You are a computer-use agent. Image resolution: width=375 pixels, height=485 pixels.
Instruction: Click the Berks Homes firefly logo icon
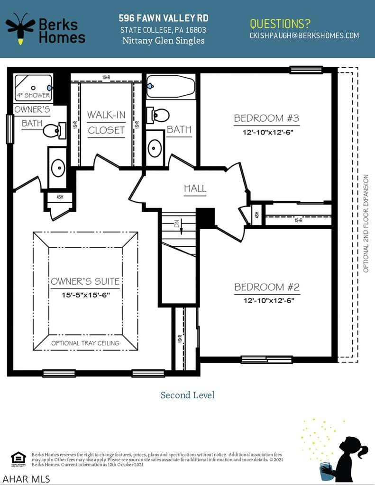[20, 28]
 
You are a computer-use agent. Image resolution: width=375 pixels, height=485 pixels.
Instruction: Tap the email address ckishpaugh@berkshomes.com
[304, 36]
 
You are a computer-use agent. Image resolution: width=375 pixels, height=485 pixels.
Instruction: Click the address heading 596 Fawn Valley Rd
[163, 18]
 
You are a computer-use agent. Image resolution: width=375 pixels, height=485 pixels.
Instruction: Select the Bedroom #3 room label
[266, 118]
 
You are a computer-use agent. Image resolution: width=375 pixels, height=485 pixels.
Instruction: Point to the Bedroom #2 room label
[266, 287]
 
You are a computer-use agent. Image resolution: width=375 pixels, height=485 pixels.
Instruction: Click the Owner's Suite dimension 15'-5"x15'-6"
[85, 295]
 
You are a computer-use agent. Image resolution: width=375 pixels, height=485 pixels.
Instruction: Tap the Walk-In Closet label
[106, 122]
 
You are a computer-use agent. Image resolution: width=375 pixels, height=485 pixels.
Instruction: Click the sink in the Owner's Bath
[58, 167]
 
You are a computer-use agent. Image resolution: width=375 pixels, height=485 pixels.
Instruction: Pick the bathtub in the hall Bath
[171, 86]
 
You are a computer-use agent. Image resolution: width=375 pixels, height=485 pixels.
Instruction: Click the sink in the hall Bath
[155, 148]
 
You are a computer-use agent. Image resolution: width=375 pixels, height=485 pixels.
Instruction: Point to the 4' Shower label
[33, 95]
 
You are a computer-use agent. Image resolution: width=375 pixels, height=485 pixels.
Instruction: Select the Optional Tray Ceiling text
[85, 343]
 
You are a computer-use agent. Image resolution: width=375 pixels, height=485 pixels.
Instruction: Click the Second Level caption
[187, 395]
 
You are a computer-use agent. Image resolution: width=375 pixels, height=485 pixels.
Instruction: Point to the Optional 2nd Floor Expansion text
[366, 223]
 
